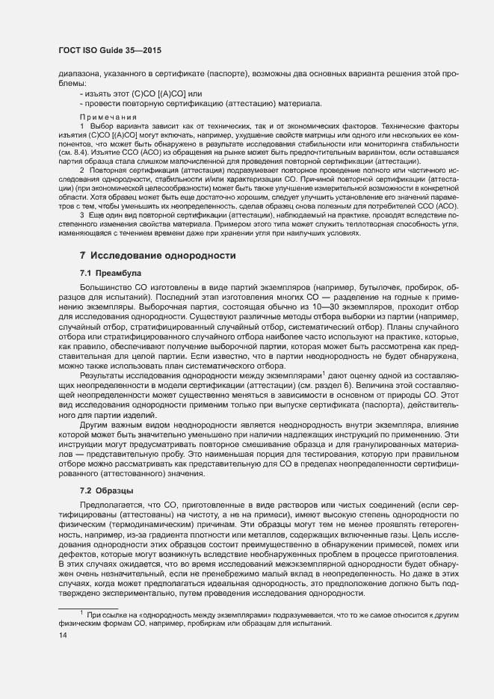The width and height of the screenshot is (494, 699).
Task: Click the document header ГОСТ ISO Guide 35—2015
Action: click(110, 50)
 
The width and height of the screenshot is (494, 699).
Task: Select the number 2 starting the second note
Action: click(81, 170)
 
